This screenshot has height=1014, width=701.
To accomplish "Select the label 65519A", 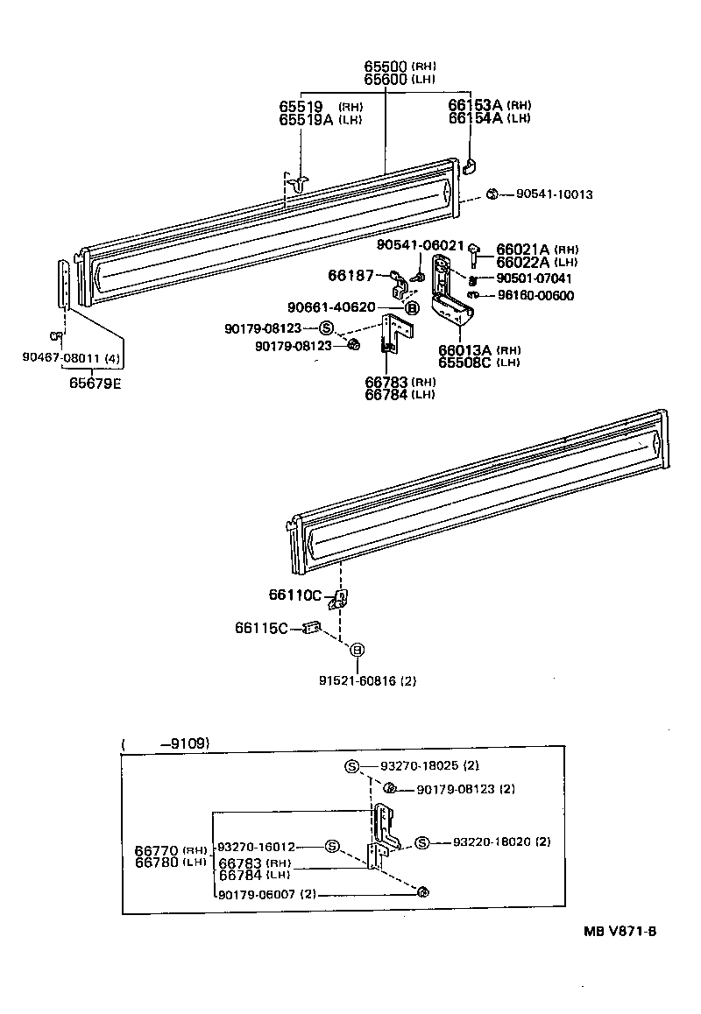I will pyautogui.click(x=306, y=120).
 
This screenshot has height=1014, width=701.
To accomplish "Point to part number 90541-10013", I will pyautogui.click(x=554, y=194).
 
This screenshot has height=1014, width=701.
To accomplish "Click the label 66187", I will pyautogui.click(x=348, y=275).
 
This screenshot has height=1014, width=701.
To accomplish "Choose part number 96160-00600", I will pyautogui.click(x=535, y=295).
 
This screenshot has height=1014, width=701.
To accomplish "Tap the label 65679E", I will pyautogui.click(x=95, y=383).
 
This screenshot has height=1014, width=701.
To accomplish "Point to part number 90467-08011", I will pyautogui.click(x=62, y=357).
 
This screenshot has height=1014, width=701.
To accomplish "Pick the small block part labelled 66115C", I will pyautogui.click(x=311, y=628).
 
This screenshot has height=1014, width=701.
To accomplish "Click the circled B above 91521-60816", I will pyautogui.click(x=358, y=650).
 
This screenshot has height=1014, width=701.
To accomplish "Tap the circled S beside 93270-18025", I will pyautogui.click(x=351, y=766).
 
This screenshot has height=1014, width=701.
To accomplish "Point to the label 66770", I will pyautogui.click(x=157, y=850).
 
